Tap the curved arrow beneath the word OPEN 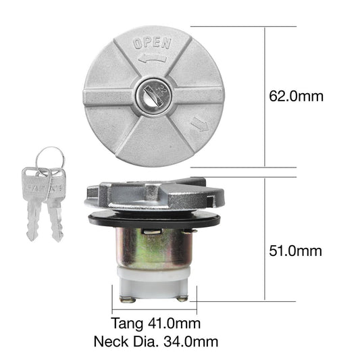(152, 59)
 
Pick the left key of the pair (33, 203)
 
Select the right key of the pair (54, 203)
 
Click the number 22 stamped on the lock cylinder (160, 87)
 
